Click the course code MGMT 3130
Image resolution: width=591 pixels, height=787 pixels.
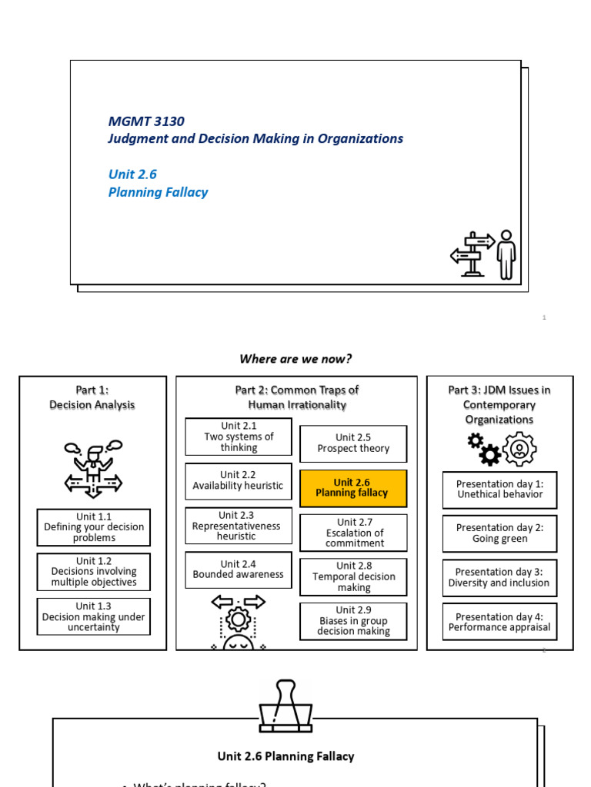click(x=146, y=121)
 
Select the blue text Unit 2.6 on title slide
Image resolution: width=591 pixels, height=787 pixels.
click(x=132, y=174)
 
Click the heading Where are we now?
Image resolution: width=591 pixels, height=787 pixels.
click(x=295, y=359)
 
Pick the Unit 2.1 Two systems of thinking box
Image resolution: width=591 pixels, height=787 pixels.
click(x=239, y=437)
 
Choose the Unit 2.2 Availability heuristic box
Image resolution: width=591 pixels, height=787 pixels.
click(x=239, y=480)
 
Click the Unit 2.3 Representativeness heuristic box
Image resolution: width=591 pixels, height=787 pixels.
click(x=239, y=526)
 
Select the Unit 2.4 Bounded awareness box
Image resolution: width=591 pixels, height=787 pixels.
click(x=239, y=569)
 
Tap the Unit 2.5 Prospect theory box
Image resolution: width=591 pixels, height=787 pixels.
click(x=353, y=443)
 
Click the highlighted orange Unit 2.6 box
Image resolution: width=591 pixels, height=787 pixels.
click(x=353, y=488)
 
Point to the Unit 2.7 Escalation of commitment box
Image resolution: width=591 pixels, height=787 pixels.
click(x=353, y=533)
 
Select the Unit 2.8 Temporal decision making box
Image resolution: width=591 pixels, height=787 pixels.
click(x=353, y=576)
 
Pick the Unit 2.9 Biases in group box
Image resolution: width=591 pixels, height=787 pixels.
click(x=353, y=621)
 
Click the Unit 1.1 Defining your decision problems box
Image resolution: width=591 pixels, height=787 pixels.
click(x=94, y=527)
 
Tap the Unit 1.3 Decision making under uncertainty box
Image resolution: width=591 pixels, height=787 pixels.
click(x=94, y=616)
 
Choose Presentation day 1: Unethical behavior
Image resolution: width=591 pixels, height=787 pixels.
click(x=499, y=490)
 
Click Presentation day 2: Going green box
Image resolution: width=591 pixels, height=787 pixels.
click(x=499, y=533)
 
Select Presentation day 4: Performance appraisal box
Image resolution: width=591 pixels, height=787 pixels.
click(x=499, y=622)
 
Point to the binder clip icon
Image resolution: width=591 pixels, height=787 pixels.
click(x=286, y=706)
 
